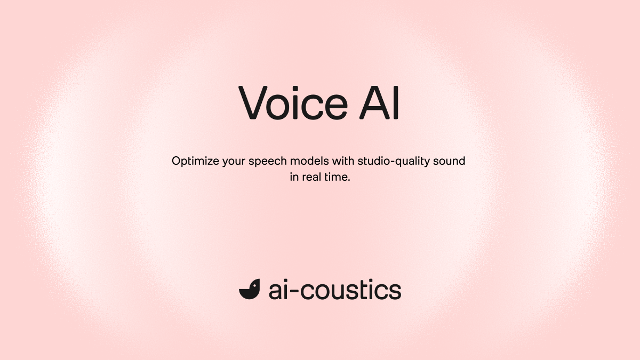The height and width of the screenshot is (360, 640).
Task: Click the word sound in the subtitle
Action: (452, 161)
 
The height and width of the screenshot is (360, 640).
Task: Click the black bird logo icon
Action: (249, 289)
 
